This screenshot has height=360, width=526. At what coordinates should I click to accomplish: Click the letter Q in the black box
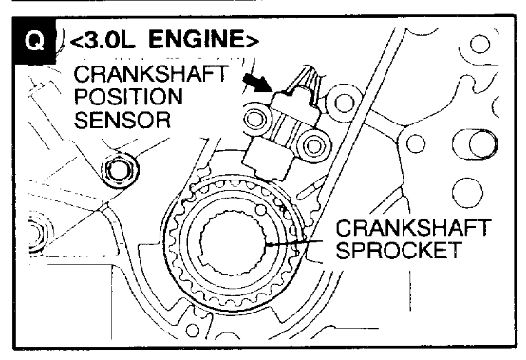point(34,41)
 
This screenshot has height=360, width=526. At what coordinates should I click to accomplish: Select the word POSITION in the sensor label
point(128,97)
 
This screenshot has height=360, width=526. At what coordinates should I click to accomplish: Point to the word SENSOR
point(122,120)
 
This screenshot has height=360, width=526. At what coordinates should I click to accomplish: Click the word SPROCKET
point(399,250)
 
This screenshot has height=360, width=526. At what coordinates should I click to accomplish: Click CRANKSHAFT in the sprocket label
point(414,228)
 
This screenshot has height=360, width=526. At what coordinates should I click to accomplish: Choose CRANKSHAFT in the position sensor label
point(151,74)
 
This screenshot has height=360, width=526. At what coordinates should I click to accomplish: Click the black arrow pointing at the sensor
point(256,83)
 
